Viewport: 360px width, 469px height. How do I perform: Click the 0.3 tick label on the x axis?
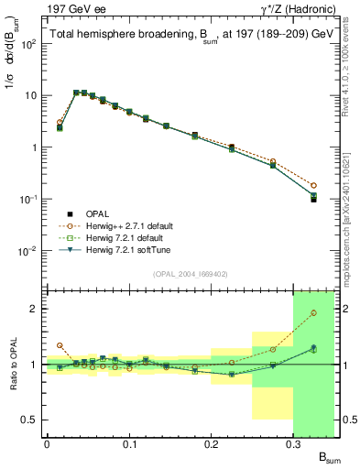(x=293, y=445)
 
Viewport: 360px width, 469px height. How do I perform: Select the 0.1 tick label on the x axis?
(x=128, y=445)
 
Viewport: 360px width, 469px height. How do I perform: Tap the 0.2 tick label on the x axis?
(x=211, y=445)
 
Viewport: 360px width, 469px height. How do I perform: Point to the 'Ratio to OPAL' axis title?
(x=12, y=364)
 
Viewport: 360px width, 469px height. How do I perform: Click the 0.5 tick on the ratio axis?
(x=33, y=420)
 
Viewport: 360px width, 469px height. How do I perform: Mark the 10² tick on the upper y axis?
(x=31, y=44)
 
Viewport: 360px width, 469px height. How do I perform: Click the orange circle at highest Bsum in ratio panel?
(x=313, y=313)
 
